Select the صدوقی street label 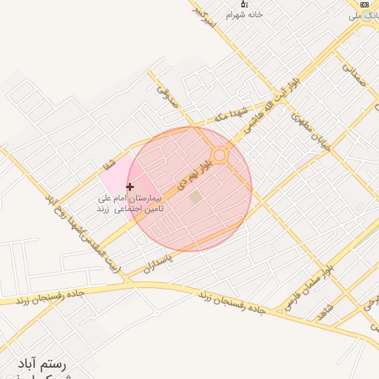pyautogui.click(x=168, y=94)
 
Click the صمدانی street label pyautogui.click(x=355, y=75)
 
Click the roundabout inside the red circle pyautogui.click(x=219, y=155)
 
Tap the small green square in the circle pyautogui.click(x=195, y=197)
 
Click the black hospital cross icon pyautogui.click(x=130, y=187)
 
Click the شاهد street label pyautogui.click(x=326, y=312)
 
